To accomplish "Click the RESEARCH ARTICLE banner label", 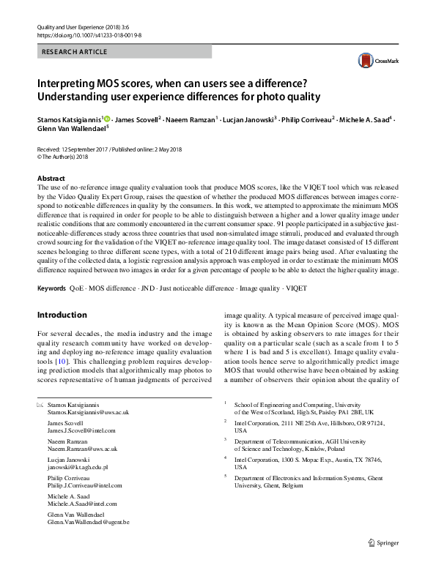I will pyautogui.click(x=75, y=52).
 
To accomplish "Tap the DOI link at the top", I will pyautogui.click(x=89, y=34).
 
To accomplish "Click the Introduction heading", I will pyautogui.click(x=62, y=315).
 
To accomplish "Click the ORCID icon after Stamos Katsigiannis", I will pyautogui.click(x=107, y=119).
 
